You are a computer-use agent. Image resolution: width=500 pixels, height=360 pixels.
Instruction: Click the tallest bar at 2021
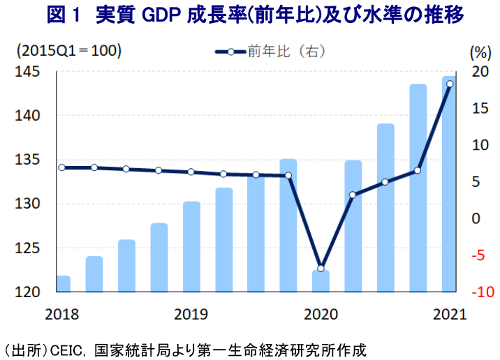tap(450, 185)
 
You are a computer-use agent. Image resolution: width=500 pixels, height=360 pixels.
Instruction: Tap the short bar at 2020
tap(321, 280)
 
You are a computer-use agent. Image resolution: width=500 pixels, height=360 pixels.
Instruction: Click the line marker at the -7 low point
tap(321, 269)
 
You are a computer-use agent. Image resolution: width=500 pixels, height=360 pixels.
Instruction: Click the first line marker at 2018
tap(61, 167)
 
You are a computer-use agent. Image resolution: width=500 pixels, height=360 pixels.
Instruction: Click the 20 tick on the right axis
tap(479, 72)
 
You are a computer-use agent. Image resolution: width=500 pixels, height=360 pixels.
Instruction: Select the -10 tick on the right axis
tap(481, 292)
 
